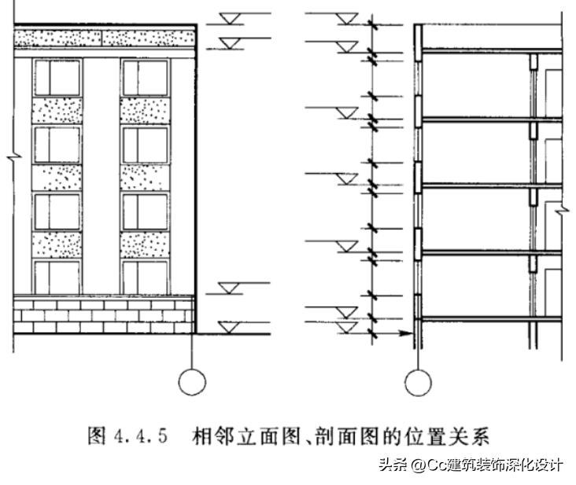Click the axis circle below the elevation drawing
pos(192,369)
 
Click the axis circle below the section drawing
pos(418,369)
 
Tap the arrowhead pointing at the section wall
pos(407,333)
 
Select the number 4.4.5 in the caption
pos(141,436)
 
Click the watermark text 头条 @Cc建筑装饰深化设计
pos(471,465)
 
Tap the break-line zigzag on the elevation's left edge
pos(14,157)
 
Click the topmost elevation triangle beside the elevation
pos(230,19)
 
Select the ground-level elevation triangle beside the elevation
pos(229,328)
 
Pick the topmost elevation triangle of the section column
pos(347,19)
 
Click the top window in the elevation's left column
pos(57,78)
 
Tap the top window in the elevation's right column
pos(145,78)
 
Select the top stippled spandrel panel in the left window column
pos(57,110)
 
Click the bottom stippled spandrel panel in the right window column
pos(145,244)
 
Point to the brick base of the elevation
pos(104,314)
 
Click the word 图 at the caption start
pos(97,436)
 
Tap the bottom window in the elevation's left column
pos(57,277)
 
